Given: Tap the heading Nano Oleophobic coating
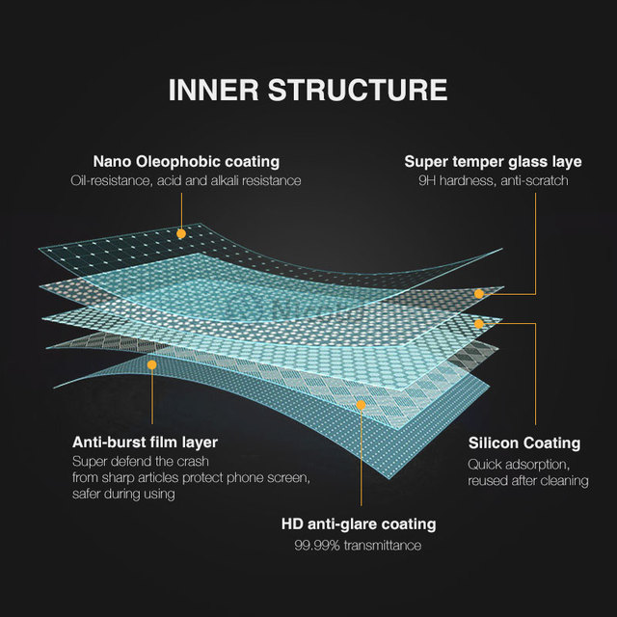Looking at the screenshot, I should coord(186,161).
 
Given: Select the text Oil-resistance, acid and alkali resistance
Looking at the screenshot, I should coord(186,180).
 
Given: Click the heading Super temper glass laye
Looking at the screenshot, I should coord(493,161).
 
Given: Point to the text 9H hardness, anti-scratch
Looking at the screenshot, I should coord(493,180).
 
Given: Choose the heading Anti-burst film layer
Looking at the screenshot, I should coord(145,443).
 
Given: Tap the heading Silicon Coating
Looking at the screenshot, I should coord(524,443).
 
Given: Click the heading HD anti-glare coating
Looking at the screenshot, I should coord(359,524).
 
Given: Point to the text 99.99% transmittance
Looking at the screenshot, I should coord(359,546).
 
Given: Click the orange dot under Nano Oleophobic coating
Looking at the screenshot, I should coord(180,233).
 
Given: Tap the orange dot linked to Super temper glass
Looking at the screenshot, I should coord(478,293).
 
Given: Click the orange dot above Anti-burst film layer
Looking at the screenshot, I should coord(151,365).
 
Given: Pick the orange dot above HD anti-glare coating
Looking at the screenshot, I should coord(361,405).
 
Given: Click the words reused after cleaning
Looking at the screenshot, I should coord(528,480).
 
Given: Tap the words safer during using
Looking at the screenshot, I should coord(123,494).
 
